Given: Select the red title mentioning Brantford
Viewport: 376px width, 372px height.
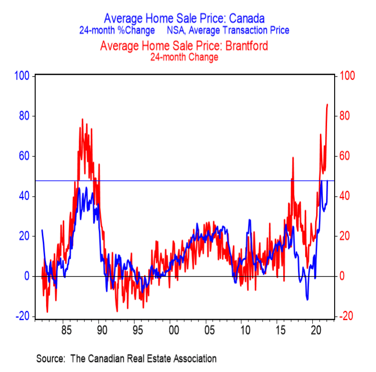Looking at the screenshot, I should coord(184,46).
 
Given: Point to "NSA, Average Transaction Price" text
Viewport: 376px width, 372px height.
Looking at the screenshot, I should coord(228,30).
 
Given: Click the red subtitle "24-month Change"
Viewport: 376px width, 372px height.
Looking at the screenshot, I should coord(184,57).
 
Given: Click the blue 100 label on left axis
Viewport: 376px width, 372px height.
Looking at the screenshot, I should coord(23,76).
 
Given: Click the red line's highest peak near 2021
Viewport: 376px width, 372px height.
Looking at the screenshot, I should coord(327,104).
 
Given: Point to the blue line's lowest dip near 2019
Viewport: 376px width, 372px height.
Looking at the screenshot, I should coord(307,300).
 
